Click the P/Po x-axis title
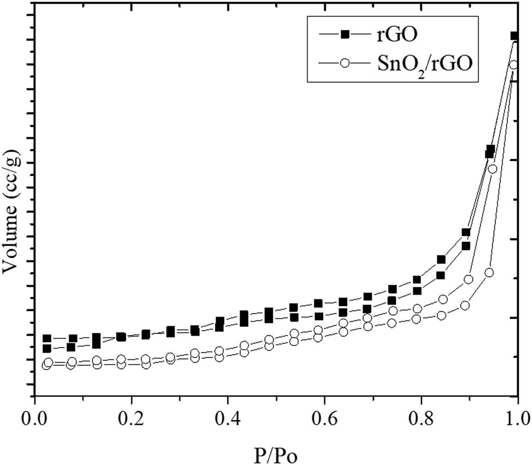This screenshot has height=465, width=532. coord(276,454)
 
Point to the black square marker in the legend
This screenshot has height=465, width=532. coord(344,35)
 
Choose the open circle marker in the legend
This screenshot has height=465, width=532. coord(344,63)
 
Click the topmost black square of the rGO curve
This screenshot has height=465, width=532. coord(514,36)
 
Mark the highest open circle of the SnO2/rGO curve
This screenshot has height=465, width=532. coord(513,65)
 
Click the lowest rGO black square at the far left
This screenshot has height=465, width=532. coord(47,348)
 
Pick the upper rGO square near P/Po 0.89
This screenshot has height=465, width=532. coord(466,233)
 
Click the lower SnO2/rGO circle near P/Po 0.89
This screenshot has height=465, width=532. coord(465,306)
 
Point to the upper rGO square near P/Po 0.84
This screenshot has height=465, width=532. coord(441,259)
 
